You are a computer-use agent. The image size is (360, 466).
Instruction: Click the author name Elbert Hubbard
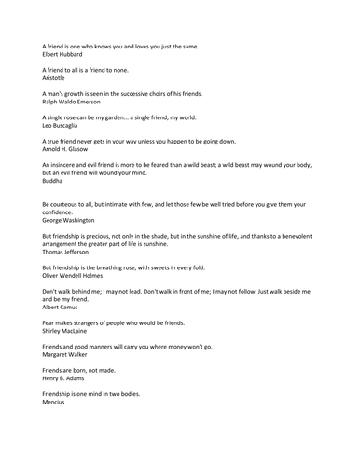[x=66, y=54]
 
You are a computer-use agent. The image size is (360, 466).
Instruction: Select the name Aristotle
[x=58, y=78]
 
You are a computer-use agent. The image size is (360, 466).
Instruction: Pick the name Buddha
[x=55, y=180]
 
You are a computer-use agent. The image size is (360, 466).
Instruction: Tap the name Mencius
[x=58, y=402]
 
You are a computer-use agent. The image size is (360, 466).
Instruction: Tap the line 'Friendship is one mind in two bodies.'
[x=103, y=393]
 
